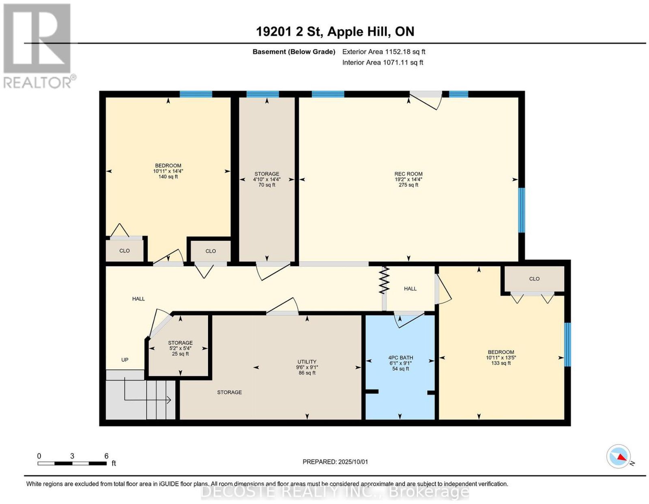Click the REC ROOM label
tap(408, 174)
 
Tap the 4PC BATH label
tap(400, 358)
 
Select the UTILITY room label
tap(307, 362)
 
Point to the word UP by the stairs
tap(125, 360)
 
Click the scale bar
tap(72, 463)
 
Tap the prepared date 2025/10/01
tap(353, 462)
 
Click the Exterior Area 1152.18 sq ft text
tap(384, 51)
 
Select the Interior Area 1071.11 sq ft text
tap(383, 62)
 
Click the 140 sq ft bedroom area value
tap(168, 177)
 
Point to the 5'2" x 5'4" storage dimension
tap(180, 348)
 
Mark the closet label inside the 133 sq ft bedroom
tap(534, 279)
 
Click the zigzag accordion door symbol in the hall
tap(384, 280)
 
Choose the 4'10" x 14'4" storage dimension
tap(267, 179)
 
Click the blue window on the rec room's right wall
tap(521, 210)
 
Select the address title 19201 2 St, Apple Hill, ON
tap(335, 32)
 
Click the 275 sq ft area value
tap(408, 185)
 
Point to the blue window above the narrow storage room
tap(262, 94)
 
